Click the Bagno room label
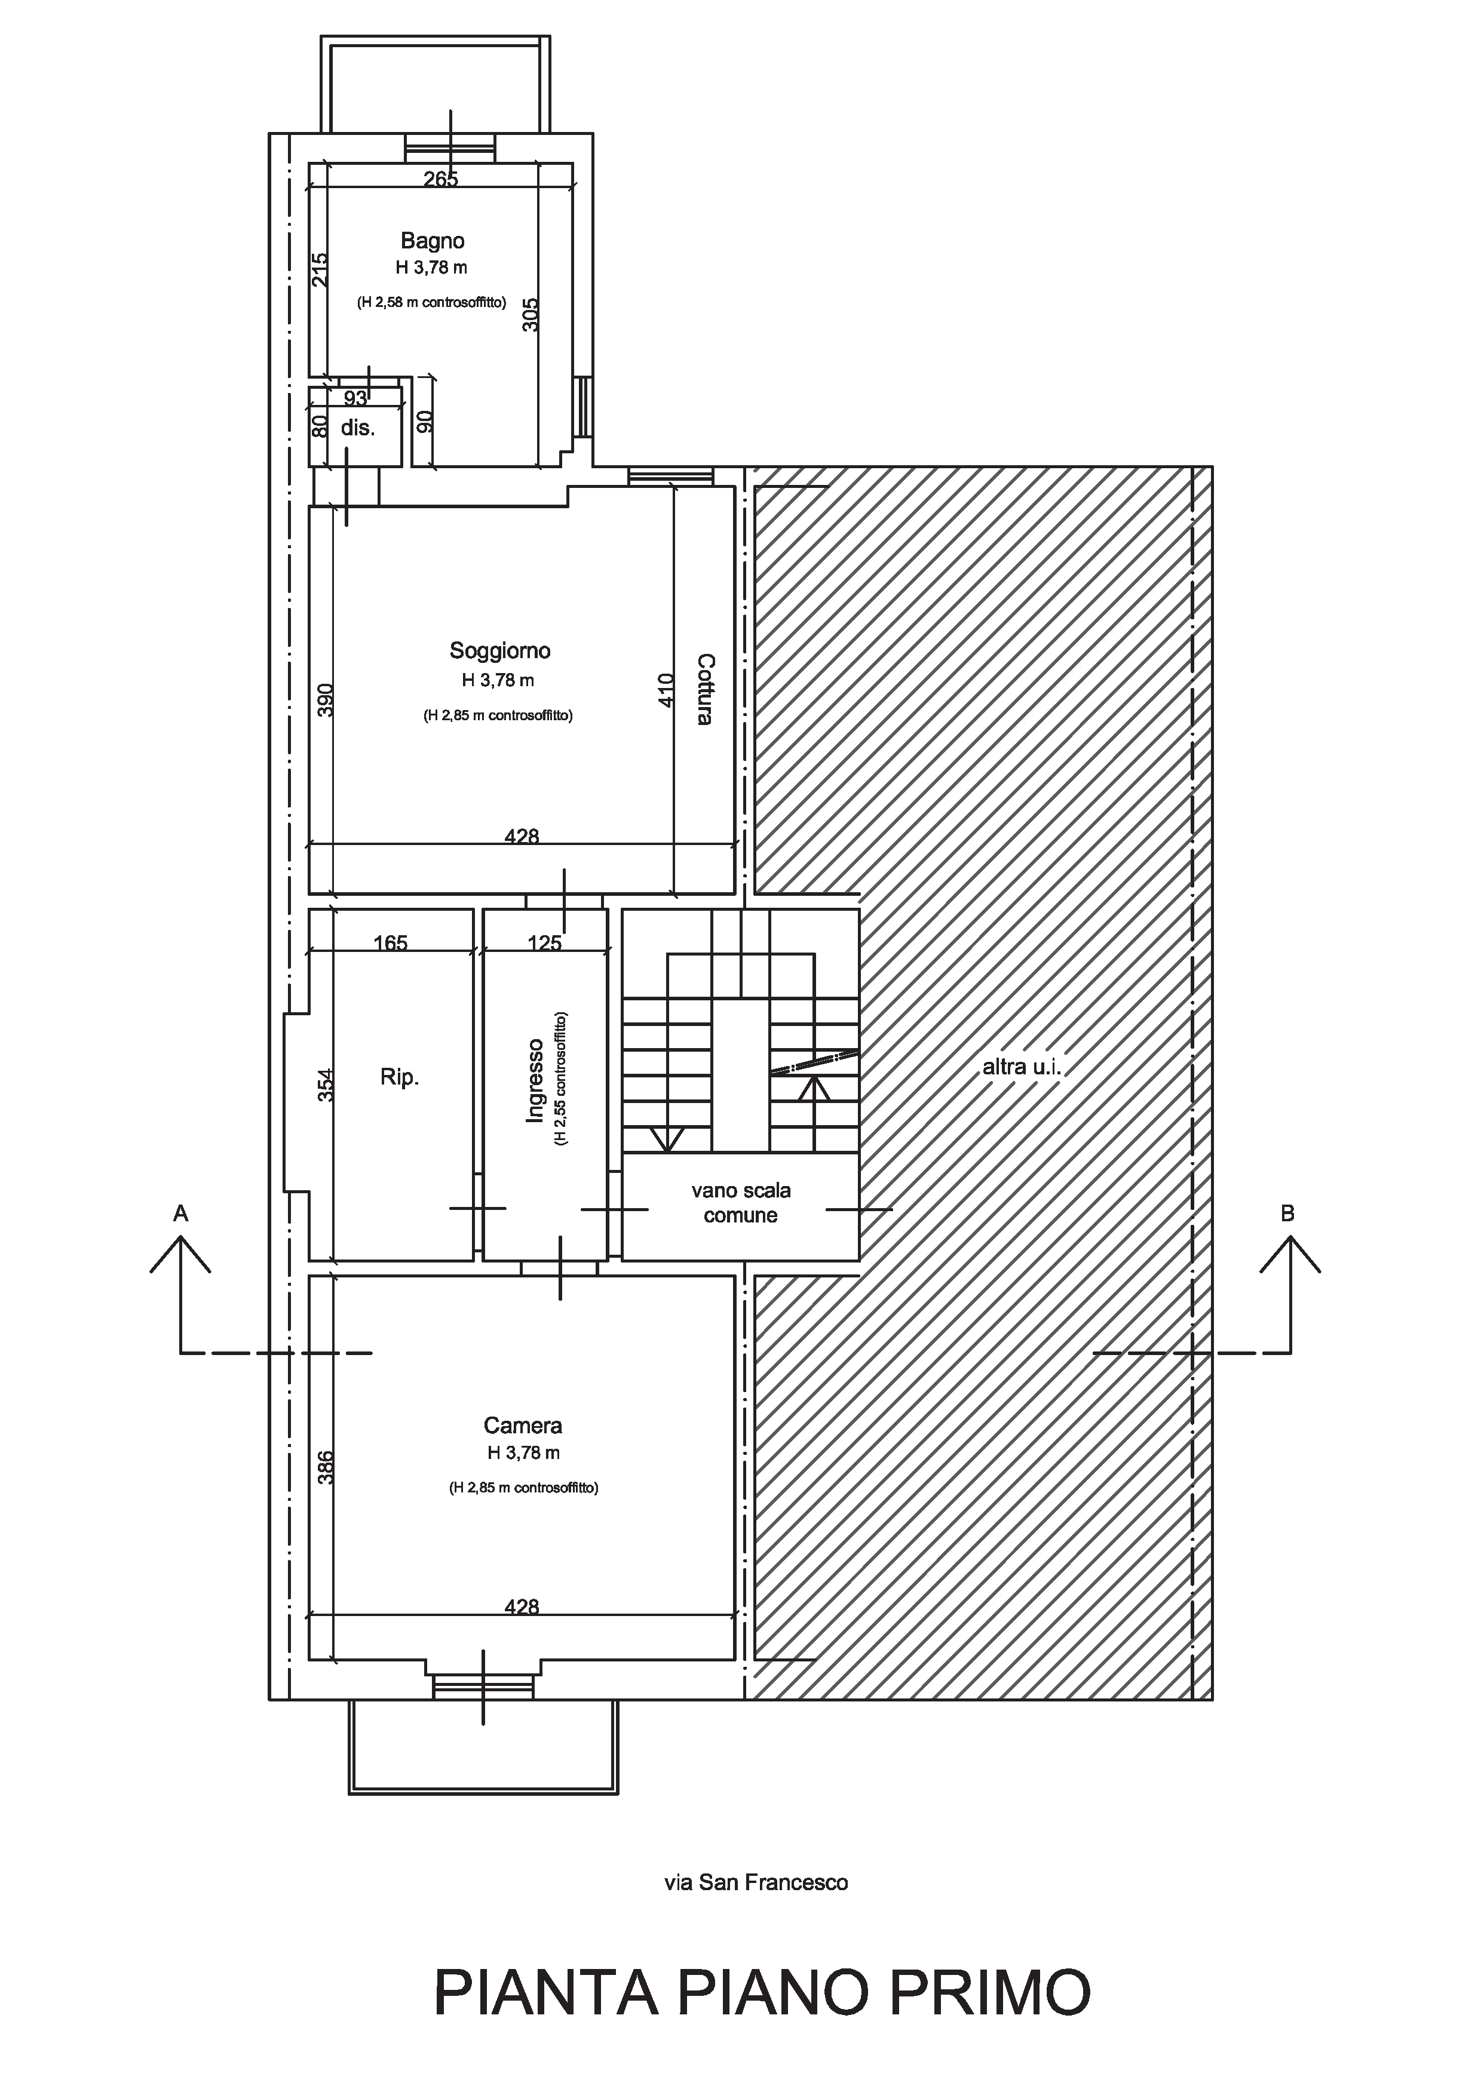click(x=433, y=241)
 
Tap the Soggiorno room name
click(x=500, y=650)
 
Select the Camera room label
click(x=523, y=1426)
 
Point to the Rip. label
click(x=400, y=1077)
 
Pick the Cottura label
click(x=704, y=689)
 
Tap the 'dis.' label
click(x=358, y=428)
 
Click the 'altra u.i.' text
click(x=1022, y=1066)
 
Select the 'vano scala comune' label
click(x=741, y=1203)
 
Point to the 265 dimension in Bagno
click(x=441, y=179)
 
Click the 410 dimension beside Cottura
click(x=665, y=690)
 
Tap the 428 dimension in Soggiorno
click(x=522, y=836)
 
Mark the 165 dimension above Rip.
click(x=391, y=942)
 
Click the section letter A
click(x=180, y=1214)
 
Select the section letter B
click(x=1287, y=1214)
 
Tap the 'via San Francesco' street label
click(x=756, y=1882)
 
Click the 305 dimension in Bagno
click(x=531, y=315)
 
